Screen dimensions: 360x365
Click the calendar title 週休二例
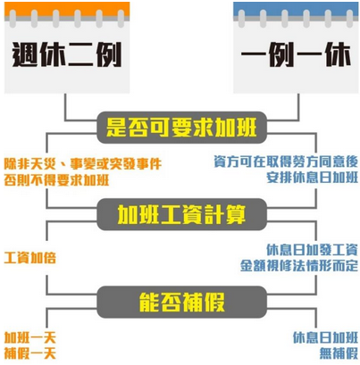pyautogui.click(x=67, y=54)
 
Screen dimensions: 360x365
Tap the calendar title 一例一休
pyautogui.click(x=296, y=54)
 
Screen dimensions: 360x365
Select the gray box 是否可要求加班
pyautogui.click(x=181, y=128)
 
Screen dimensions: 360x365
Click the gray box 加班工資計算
pyautogui.click(x=181, y=214)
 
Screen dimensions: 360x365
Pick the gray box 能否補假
pyautogui.click(x=181, y=302)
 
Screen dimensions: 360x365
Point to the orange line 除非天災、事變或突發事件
pyautogui.click(x=83, y=164)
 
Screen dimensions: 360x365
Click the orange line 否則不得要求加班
pyautogui.click(x=56, y=180)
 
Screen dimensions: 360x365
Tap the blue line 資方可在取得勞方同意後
pyautogui.click(x=286, y=162)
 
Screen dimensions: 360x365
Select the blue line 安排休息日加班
pyautogui.click(x=313, y=178)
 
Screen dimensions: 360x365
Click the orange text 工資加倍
pyautogui.click(x=30, y=258)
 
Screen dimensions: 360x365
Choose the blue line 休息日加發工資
pyautogui.click(x=312, y=250)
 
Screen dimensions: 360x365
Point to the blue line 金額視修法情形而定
pyautogui.click(x=299, y=266)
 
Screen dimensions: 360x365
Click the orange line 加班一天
pyautogui.click(x=30, y=337)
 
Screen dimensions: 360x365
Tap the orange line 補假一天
pyautogui.click(x=30, y=353)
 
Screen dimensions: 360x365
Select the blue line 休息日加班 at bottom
pyautogui.click(x=325, y=337)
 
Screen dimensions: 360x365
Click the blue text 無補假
pyautogui.click(x=339, y=353)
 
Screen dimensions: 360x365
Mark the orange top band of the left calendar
pyautogui.click(x=67, y=9)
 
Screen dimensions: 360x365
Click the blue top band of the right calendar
pyautogui.click(x=296, y=9)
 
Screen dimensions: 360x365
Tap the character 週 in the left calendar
pyautogui.click(x=25, y=54)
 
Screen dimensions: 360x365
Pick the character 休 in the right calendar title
pyautogui.click(x=338, y=54)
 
